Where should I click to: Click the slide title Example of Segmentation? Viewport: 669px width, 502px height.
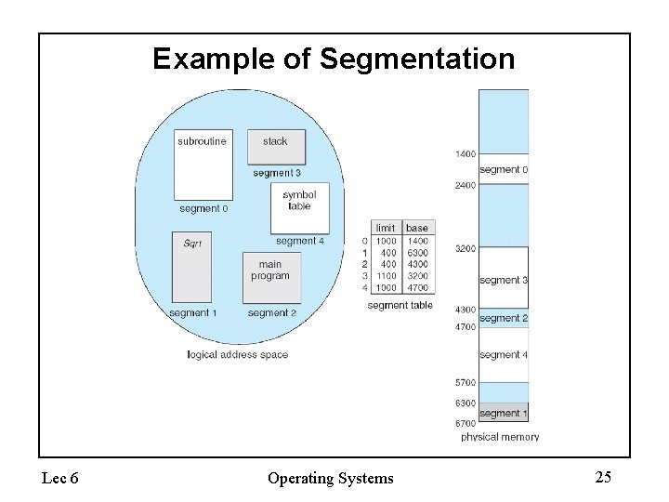click(x=334, y=59)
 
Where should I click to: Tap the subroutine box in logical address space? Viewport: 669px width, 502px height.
click(x=203, y=164)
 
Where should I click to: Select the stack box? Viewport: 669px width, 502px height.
click(x=275, y=146)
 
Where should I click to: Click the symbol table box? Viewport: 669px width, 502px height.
click(x=299, y=207)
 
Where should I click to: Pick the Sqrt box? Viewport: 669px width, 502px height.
click(x=192, y=265)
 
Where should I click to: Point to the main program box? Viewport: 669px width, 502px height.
click(x=270, y=276)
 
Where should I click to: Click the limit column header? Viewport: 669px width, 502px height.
click(x=385, y=228)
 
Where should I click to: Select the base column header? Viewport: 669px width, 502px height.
click(x=417, y=228)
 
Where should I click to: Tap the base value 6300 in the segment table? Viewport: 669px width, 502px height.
click(x=417, y=253)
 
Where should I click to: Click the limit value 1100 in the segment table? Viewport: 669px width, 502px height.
click(x=385, y=276)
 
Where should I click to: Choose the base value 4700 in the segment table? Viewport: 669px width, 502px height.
click(x=417, y=288)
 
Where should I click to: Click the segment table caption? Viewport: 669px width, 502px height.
click(x=400, y=305)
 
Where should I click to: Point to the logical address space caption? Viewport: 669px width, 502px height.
click(x=237, y=354)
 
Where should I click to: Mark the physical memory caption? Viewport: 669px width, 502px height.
click(x=500, y=437)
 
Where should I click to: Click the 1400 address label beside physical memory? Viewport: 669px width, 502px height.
click(x=466, y=153)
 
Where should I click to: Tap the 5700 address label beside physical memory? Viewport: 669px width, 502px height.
click(x=466, y=382)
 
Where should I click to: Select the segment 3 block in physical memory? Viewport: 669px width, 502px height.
click(x=504, y=278)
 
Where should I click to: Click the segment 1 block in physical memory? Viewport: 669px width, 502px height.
click(x=504, y=412)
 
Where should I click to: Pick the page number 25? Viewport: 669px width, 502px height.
click(x=603, y=478)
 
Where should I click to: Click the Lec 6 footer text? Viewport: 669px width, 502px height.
click(x=60, y=479)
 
